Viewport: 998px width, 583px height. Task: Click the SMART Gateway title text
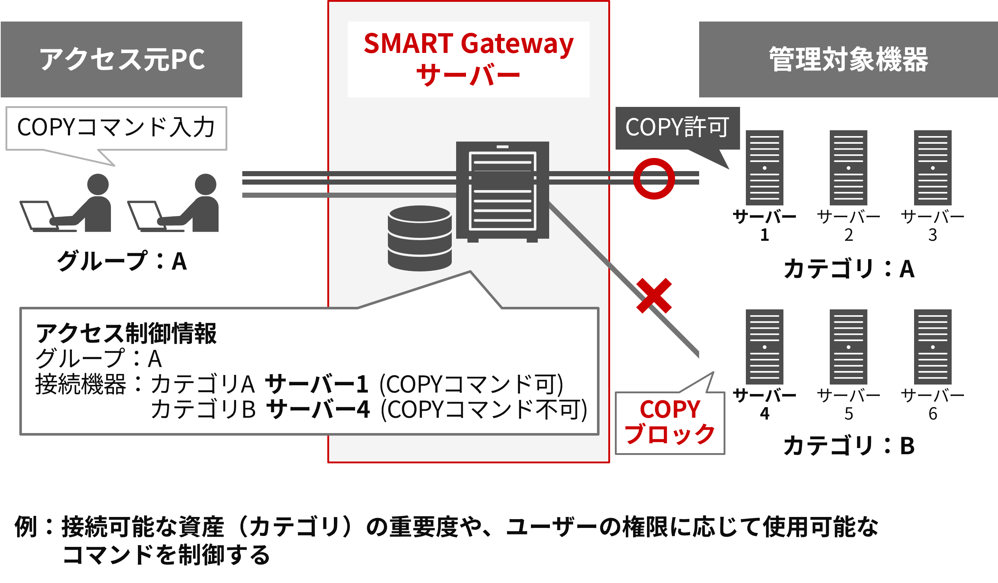pyautogui.click(x=469, y=43)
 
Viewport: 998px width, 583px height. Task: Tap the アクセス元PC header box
pyautogui.click(x=121, y=59)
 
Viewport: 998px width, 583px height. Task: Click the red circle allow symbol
pyautogui.click(x=654, y=179)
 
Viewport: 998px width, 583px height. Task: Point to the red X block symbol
pyautogui.click(x=654, y=296)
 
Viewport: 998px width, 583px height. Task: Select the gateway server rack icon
pyautogui.click(x=502, y=190)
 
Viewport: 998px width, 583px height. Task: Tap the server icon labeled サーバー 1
pyautogui.click(x=764, y=167)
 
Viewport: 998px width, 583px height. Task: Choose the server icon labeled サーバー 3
pyautogui.click(x=933, y=167)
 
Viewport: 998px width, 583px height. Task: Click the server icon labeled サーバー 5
pyautogui.click(x=848, y=347)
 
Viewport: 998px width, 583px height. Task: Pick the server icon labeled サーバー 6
pyautogui.click(x=933, y=347)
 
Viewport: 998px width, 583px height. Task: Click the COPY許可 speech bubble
pyautogui.click(x=677, y=128)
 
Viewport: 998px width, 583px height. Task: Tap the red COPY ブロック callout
pyautogui.click(x=670, y=422)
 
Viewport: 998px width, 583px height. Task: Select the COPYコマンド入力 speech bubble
pyautogui.click(x=116, y=128)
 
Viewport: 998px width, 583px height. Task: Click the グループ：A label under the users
pyautogui.click(x=122, y=261)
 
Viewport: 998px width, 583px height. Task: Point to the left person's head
pyautogui.click(x=98, y=184)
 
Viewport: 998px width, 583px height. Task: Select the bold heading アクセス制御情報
pyautogui.click(x=126, y=333)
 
